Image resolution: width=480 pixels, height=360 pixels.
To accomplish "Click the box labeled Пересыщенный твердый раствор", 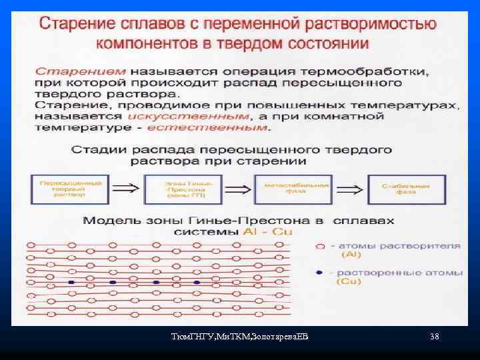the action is [x=61, y=189].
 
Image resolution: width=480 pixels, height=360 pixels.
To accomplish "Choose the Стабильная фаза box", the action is [x=398, y=189].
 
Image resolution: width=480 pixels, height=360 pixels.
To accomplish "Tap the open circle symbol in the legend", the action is [x=319, y=246].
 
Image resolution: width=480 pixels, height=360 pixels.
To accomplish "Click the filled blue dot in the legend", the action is [x=319, y=273].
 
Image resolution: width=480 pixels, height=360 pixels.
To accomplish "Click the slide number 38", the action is [x=435, y=337].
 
